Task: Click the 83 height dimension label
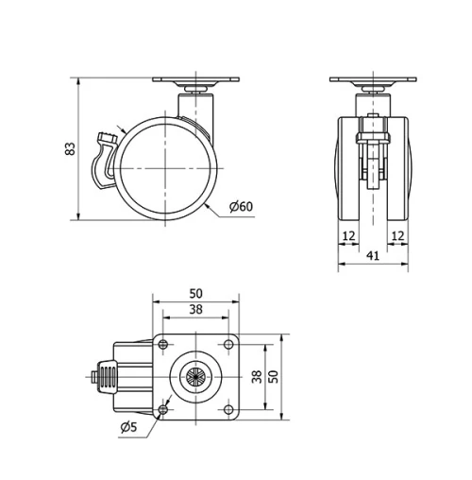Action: (x=67, y=149)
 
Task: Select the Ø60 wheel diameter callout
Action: (x=241, y=207)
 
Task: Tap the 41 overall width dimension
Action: (x=373, y=255)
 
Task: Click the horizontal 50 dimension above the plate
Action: (x=195, y=294)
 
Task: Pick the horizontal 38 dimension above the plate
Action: (x=195, y=309)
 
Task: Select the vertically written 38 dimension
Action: (x=256, y=375)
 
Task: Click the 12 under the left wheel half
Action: (x=349, y=234)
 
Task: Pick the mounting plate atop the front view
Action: (x=373, y=82)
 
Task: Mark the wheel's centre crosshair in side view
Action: (x=167, y=168)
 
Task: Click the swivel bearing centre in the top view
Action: (x=195, y=375)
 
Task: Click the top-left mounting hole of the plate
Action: (x=164, y=343)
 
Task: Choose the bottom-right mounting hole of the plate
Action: (x=228, y=408)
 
